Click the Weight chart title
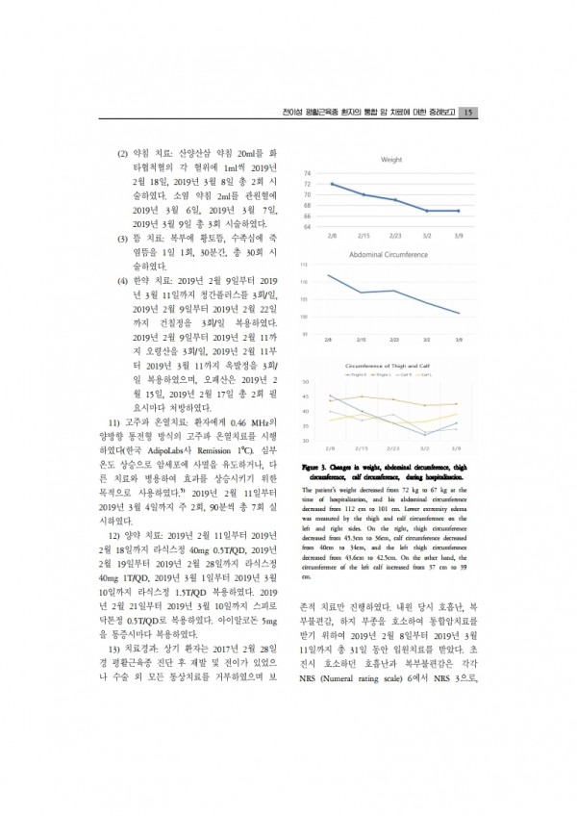pos(391,159)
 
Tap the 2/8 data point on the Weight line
pos(332,184)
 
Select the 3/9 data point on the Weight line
pos(458,210)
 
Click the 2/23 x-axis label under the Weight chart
pos(395,235)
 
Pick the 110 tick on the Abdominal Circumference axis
pos(304,282)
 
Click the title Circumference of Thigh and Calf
pos(391,367)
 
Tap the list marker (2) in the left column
pos(123,153)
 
